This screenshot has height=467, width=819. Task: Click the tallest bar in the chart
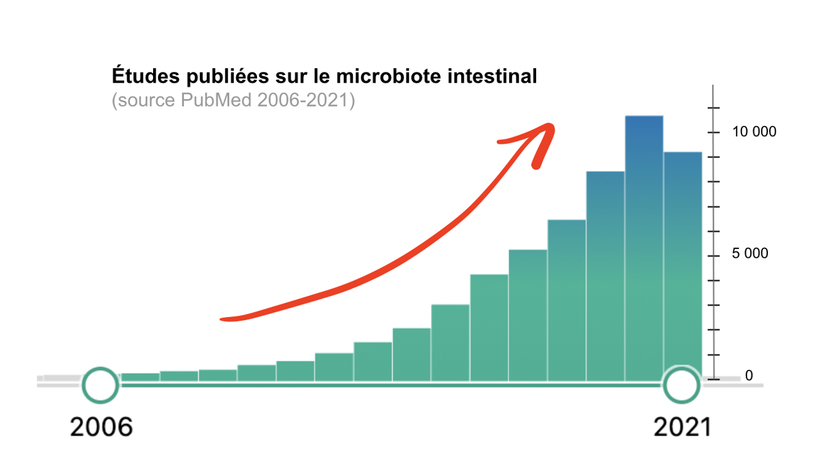click(x=644, y=246)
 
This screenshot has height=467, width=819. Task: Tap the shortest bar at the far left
click(x=140, y=377)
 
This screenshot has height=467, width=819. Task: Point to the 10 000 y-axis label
click(x=753, y=132)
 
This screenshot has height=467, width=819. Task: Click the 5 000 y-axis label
click(x=750, y=253)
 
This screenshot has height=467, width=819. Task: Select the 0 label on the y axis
click(x=749, y=376)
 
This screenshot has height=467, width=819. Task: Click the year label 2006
click(x=101, y=428)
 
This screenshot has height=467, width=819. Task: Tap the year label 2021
click(x=682, y=428)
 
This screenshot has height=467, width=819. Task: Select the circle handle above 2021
click(x=680, y=384)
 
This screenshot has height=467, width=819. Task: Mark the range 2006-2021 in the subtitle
click(x=303, y=100)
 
